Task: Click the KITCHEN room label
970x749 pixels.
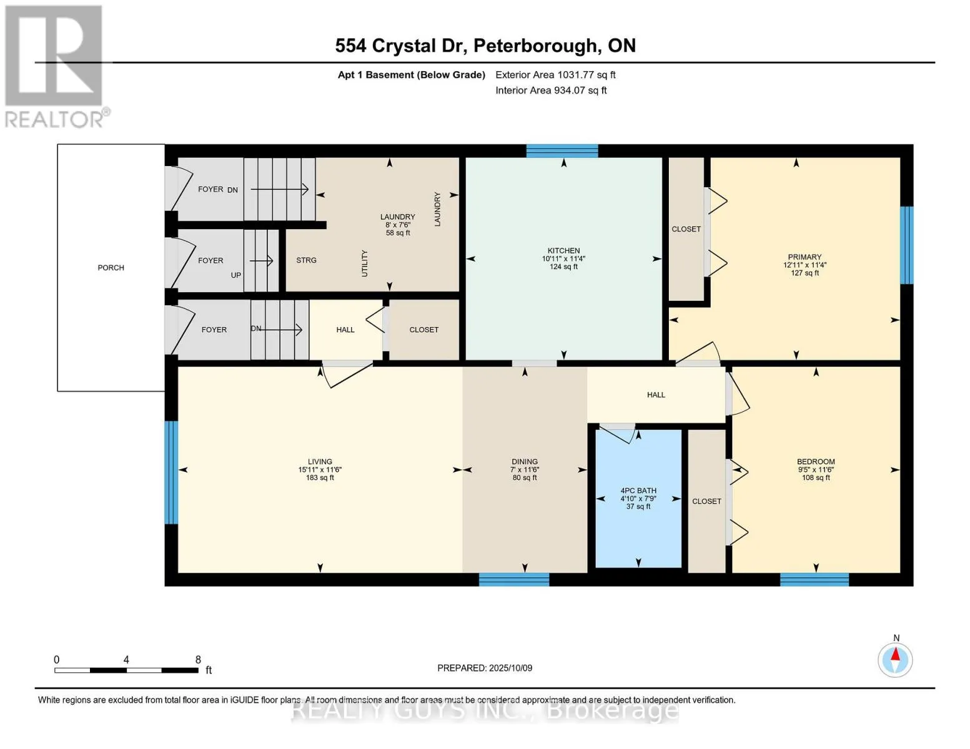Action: (563, 250)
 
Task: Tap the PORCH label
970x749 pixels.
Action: (111, 268)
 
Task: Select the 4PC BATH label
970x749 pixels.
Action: (638, 491)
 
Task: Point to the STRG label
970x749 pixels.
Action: (306, 260)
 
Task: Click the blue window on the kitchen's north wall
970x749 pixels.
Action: (562, 150)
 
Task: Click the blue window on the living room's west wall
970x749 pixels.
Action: (171, 472)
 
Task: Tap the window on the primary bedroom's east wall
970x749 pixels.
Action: (906, 245)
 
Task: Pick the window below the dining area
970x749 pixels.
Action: (513, 580)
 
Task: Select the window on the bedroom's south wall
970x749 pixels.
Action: (814, 580)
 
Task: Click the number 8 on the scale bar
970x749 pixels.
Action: (198, 660)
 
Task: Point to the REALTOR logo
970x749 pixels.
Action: (55, 66)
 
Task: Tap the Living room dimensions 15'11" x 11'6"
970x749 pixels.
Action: (320, 470)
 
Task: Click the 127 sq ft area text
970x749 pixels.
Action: (804, 273)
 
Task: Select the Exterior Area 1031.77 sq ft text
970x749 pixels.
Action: (555, 75)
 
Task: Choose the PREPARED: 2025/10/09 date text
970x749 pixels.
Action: (485, 668)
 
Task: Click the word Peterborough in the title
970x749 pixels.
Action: (535, 46)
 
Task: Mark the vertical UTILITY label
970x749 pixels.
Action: (365, 263)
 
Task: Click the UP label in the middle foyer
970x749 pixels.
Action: (235, 275)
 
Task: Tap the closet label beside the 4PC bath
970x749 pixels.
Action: (706, 501)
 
